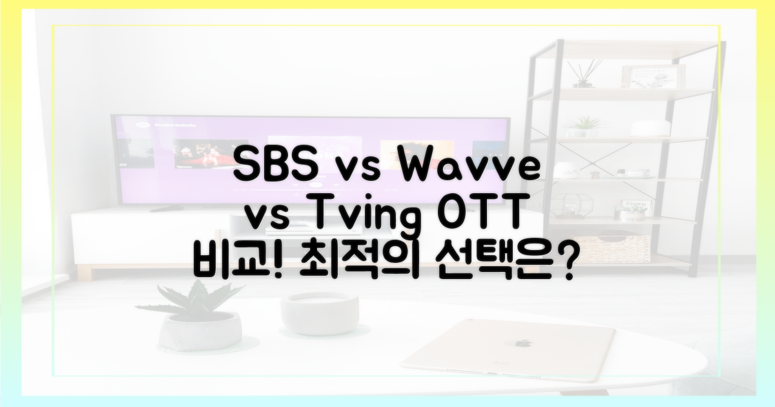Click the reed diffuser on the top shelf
(x=584, y=74)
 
